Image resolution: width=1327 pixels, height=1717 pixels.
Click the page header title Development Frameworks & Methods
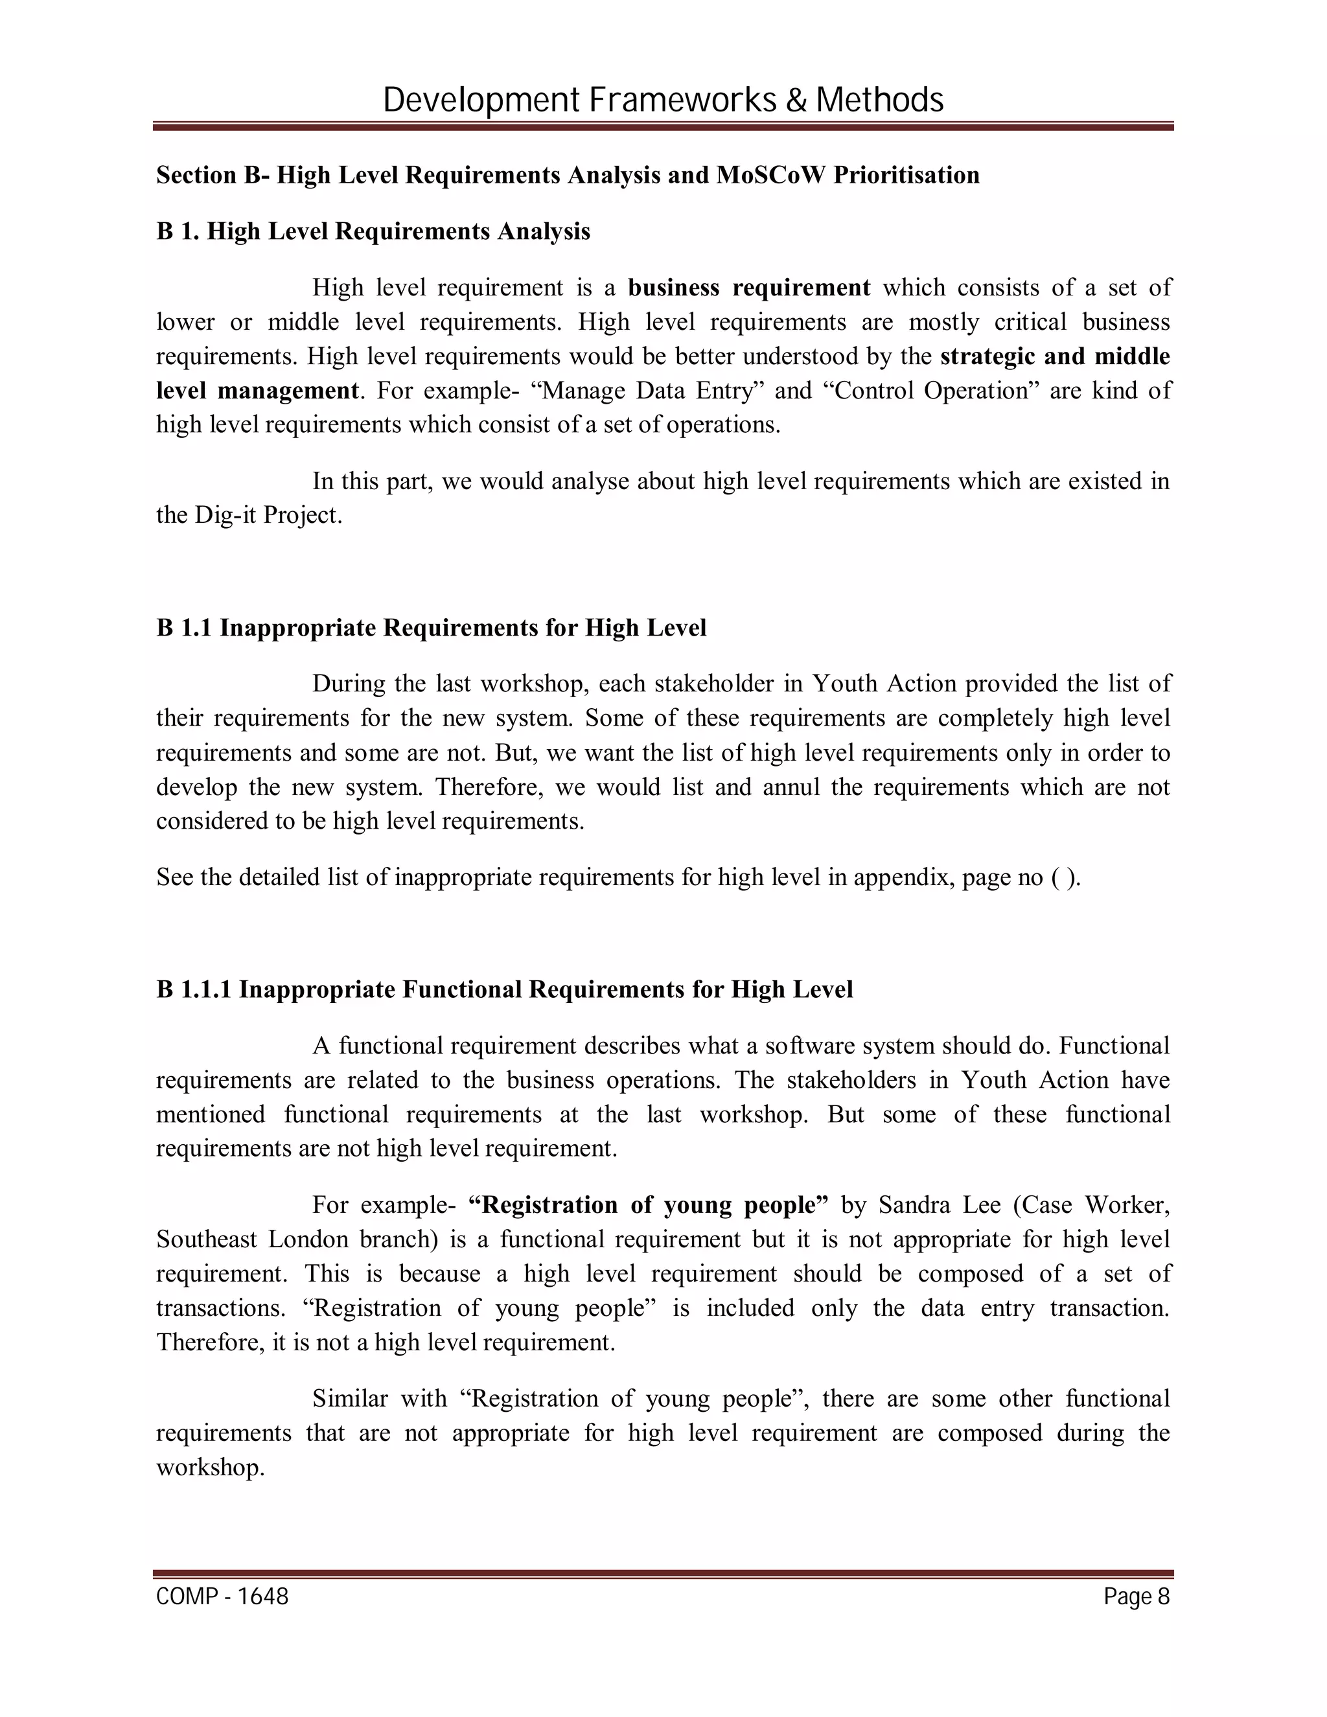(x=663, y=100)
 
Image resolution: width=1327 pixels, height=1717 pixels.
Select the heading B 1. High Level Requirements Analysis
(x=373, y=231)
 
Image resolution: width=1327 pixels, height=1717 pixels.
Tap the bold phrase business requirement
(x=748, y=288)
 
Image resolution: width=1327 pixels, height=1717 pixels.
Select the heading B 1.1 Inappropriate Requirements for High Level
(x=431, y=627)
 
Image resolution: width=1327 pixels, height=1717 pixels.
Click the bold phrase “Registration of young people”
(x=648, y=1205)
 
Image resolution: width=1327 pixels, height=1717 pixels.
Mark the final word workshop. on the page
(x=210, y=1468)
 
